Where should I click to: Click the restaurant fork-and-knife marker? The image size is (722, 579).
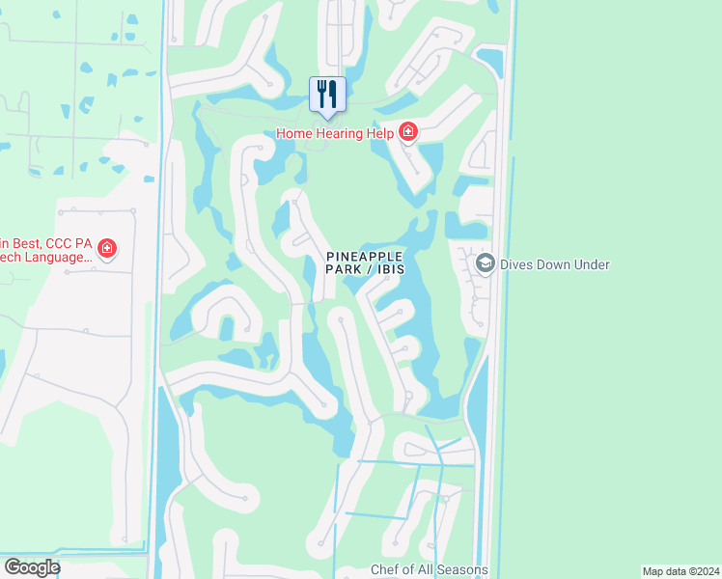tap(326, 95)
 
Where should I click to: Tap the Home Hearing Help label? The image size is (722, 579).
tap(335, 133)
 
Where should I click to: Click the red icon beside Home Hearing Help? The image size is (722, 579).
tap(408, 132)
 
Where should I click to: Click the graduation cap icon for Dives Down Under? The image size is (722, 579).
tap(486, 263)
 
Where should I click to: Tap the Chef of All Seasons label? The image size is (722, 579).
tap(429, 569)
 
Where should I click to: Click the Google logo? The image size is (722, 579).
tap(31, 567)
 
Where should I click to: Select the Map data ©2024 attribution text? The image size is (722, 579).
tap(680, 571)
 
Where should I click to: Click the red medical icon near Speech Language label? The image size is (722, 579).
tap(107, 250)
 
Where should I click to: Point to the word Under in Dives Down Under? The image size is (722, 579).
tap(589, 263)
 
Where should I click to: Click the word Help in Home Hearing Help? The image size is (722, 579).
tap(379, 133)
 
